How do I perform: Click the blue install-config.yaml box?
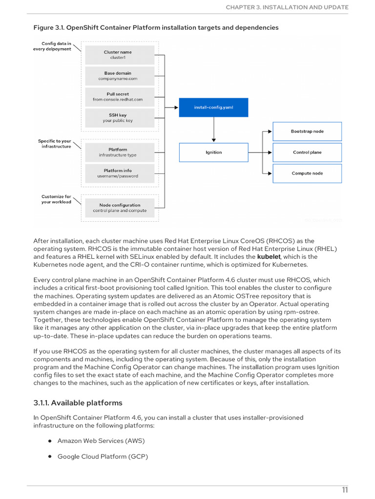pyautogui.click(x=213, y=107)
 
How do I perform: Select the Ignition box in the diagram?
pyautogui.click(x=213, y=152)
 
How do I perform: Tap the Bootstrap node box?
pyautogui.click(x=307, y=132)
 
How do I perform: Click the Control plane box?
pyautogui.click(x=307, y=152)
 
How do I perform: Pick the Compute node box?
pyautogui.click(x=307, y=173)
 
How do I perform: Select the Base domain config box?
pyautogui.click(x=117, y=76)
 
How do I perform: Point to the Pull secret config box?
pyautogui.click(x=117, y=96)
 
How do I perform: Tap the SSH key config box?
pyautogui.click(x=117, y=117)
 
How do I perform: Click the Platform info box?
pyautogui.click(x=117, y=173)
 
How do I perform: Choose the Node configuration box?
pyautogui.click(x=120, y=208)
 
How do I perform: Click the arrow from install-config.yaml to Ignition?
pyautogui.click(x=213, y=130)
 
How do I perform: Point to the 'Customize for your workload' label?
pyautogui.click(x=56, y=199)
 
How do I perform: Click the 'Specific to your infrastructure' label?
pyautogui.click(x=55, y=144)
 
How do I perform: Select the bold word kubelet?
pyautogui.click(x=269, y=257)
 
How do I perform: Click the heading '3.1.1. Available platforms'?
pyautogui.click(x=78, y=403)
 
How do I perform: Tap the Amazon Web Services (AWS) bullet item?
pyautogui.click(x=101, y=441)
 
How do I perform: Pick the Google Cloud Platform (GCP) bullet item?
pyautogui.click(x=103, y=457)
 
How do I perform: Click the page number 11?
pyautogui.click(x=345, y=490)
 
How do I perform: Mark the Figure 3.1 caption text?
pyautogui.click(x=156, y=28)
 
